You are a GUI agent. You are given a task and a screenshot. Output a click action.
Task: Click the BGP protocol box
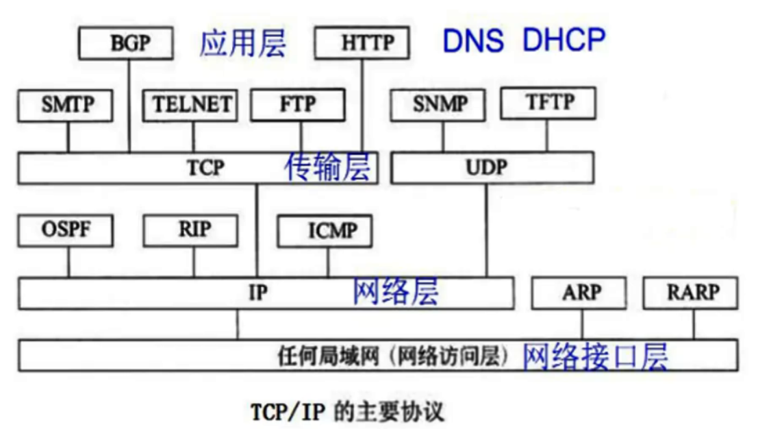(x=128, y=44)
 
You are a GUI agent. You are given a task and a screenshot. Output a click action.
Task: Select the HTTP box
(x=362, y=43)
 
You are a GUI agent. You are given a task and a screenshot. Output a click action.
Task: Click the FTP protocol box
(x=297, y=105)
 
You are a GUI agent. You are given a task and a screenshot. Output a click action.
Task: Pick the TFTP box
(x=548, y=103)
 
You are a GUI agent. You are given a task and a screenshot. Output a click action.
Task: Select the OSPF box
(x=66, y=230)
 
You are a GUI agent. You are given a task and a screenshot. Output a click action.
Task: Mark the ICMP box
(x=325, y=232)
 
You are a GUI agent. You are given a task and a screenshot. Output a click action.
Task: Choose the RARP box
(x=692, y=293)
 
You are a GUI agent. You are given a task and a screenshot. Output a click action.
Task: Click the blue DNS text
(x=474, y=41)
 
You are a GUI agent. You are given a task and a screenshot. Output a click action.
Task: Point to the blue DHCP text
(x=564, y=40)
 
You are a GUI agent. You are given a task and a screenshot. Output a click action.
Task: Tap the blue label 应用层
(x=242, y=43)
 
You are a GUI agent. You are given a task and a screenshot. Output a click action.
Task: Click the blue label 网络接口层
(x=595, y=356)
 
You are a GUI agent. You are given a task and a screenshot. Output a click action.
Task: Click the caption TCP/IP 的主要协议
(x=347, y=412)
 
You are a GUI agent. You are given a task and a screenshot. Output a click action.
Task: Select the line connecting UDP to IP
(x=487, y=230)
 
